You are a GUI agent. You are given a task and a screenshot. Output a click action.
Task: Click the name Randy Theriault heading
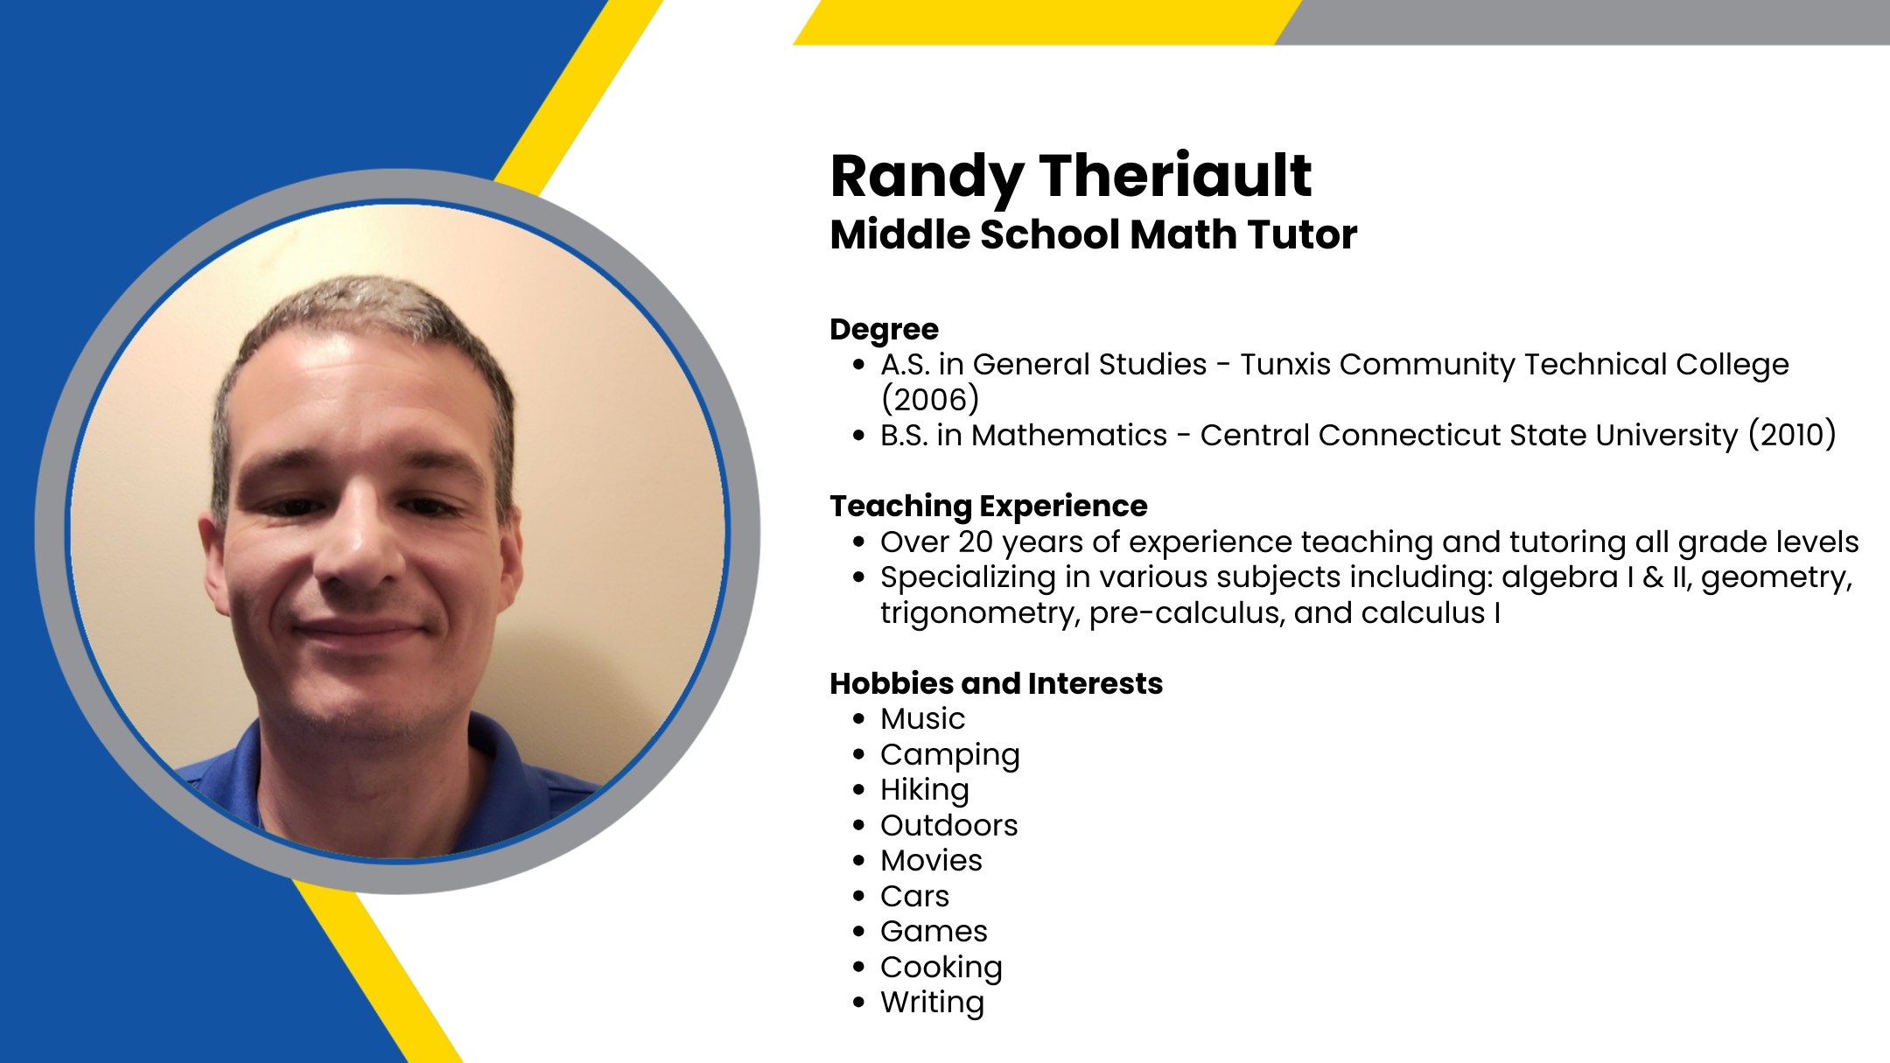(x=1070, y=178)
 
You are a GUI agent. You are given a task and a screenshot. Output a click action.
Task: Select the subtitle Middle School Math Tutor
(x=1094, y=234)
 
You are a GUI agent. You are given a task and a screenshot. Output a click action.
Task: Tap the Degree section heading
(x=884, y=331)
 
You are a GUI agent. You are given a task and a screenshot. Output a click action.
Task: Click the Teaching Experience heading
(x=989, y=507)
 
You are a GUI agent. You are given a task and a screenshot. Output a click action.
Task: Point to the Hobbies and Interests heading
(x=997, y=683)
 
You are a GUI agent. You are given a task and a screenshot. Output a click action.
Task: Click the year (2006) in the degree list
(x=929, y=400)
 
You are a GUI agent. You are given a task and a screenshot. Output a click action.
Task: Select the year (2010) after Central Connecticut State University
(x=1792, y=435)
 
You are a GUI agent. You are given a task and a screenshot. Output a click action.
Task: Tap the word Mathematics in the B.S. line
(x=1069, y=435)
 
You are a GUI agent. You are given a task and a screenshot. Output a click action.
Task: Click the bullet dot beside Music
(x=858, y=719)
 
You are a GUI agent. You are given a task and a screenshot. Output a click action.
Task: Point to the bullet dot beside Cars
(x=858, y=897)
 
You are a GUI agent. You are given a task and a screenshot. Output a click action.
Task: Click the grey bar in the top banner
(x=1582, y=22)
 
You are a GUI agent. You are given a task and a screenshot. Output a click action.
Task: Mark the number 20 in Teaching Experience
(x=976, y=542)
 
